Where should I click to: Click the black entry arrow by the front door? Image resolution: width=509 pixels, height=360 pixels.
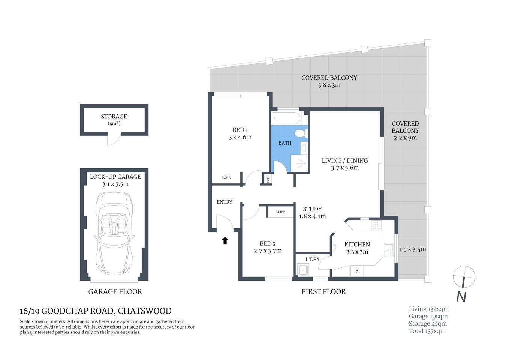coord(225,240)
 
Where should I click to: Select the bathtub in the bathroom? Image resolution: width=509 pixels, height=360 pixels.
coord(286,118)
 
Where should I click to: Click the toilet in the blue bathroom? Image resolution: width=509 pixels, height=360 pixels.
coord(301,133)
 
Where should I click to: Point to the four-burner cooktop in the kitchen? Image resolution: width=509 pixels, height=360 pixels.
coord(376,225)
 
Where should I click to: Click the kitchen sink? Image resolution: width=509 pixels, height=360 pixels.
coord(389,250)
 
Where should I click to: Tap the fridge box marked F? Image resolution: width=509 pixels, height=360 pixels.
coord(356,271)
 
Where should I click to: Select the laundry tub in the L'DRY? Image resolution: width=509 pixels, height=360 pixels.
coord(303,270)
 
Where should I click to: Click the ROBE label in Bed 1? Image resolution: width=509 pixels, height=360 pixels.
coord(226,178)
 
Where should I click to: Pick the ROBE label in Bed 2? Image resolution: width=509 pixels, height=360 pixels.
coord(281,212)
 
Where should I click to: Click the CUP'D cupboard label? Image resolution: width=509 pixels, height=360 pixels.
coord(268,178)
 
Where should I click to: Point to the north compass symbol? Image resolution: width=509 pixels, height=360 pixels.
coord(464,277)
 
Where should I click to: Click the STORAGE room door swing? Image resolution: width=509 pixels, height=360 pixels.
coord(114,139)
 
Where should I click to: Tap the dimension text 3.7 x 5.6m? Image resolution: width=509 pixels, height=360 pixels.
coord(345,168)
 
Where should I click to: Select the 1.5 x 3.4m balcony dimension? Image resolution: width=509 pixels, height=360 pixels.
coord(412,249)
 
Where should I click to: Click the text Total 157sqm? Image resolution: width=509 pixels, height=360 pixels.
coord(427,331)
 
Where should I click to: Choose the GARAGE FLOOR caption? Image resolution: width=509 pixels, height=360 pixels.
coord(115,291)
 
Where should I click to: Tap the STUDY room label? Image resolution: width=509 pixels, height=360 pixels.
coord(312,209)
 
